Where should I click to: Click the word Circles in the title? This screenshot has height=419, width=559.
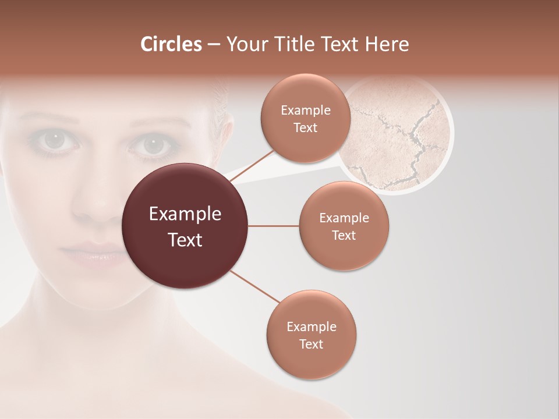[171, 44]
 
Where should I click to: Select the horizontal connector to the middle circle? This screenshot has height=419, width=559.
[274, 226]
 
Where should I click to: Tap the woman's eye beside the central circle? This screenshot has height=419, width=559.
[153, 144]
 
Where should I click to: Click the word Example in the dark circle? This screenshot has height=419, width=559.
[185, 214]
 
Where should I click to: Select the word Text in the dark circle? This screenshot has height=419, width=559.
[185, 240]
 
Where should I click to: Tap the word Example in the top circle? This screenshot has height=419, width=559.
[306, 111]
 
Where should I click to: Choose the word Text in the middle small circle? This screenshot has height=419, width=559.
[344, 236]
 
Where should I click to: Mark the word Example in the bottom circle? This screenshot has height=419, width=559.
[312, 327]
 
